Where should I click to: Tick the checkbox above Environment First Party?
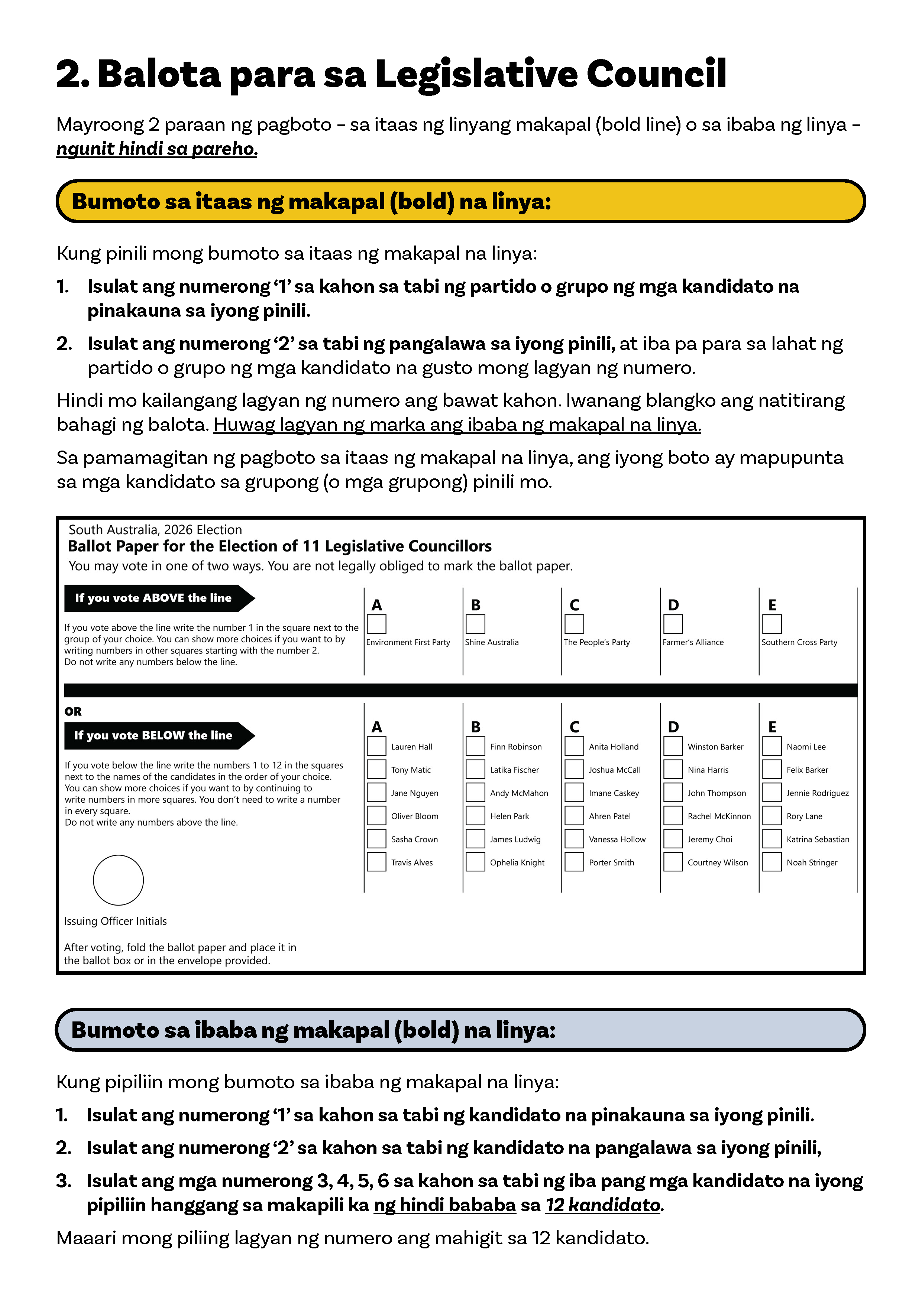tap(376, 624)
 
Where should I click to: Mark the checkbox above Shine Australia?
tap(475, 624)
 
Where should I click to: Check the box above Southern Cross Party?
tap(771, 624)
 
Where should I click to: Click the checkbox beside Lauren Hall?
tap(376, 746)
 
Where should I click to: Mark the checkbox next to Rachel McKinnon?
tap(673, 816)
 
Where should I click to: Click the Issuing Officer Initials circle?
tap(118, 880)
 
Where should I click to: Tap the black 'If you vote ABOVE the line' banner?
tap(153, 598)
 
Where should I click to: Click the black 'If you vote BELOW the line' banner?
tap(153, 735)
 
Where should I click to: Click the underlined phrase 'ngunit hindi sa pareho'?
tap(157, 149)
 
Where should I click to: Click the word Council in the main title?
tap(656, 74)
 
